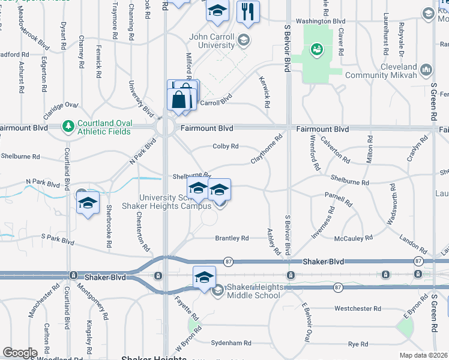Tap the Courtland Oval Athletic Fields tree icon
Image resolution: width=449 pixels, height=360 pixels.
tap(68, 127)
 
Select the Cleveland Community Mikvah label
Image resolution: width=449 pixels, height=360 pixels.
tap(390, 71)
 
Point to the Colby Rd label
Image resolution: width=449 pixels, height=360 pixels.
tap(226, 146)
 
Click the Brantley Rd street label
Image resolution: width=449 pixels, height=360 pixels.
tap(232, 238)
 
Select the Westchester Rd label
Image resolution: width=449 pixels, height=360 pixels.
tap(358, 309)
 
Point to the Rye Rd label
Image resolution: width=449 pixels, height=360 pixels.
tap(358, 344)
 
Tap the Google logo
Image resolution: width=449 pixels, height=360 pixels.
tap(20, 353)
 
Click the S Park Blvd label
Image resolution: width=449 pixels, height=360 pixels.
tap(58, 241)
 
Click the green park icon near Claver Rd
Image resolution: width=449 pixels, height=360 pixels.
tap(316, 49)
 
